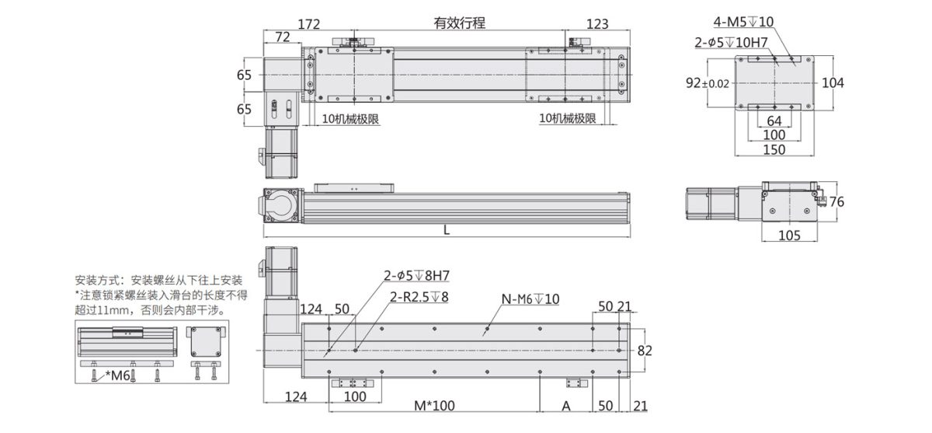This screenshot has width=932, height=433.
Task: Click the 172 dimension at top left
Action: [x=309, y=24]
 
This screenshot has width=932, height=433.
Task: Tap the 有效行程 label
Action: [x=459, y=23]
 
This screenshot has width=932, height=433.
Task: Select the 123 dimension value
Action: [x=597, y=24]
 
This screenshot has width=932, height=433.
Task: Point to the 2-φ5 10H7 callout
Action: [x=731, y=42]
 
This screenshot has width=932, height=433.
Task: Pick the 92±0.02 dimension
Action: [x=708, y=83]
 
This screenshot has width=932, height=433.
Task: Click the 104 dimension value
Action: [x=833, y=83]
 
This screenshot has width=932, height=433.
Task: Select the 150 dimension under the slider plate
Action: [x=774, y=149]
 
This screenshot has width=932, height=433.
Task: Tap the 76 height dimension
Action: [x=836, y=202]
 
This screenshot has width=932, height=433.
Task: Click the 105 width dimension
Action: [x=789, y=236]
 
